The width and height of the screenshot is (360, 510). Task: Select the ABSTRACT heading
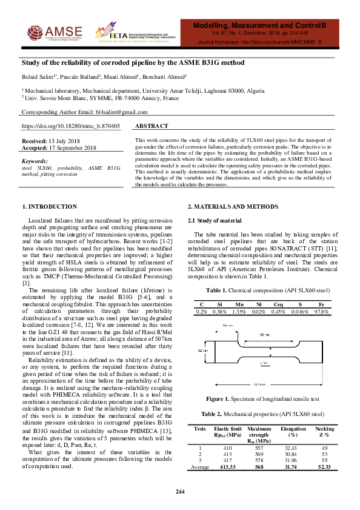click(151, 126)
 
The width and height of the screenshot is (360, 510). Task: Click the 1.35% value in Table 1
click(239, 311)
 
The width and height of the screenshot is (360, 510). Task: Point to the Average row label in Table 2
click(200, 466)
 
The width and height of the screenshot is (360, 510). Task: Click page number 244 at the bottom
click(180, 491)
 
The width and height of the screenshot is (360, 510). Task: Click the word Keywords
click(35, 161)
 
